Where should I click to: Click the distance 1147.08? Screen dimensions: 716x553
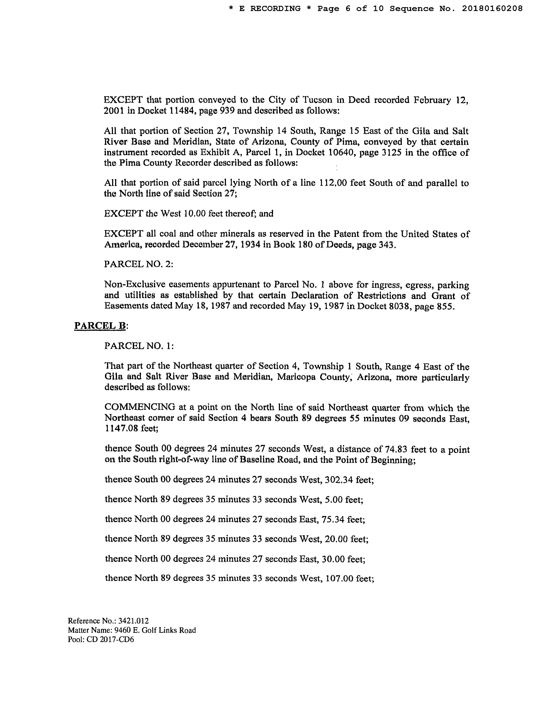121,428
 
